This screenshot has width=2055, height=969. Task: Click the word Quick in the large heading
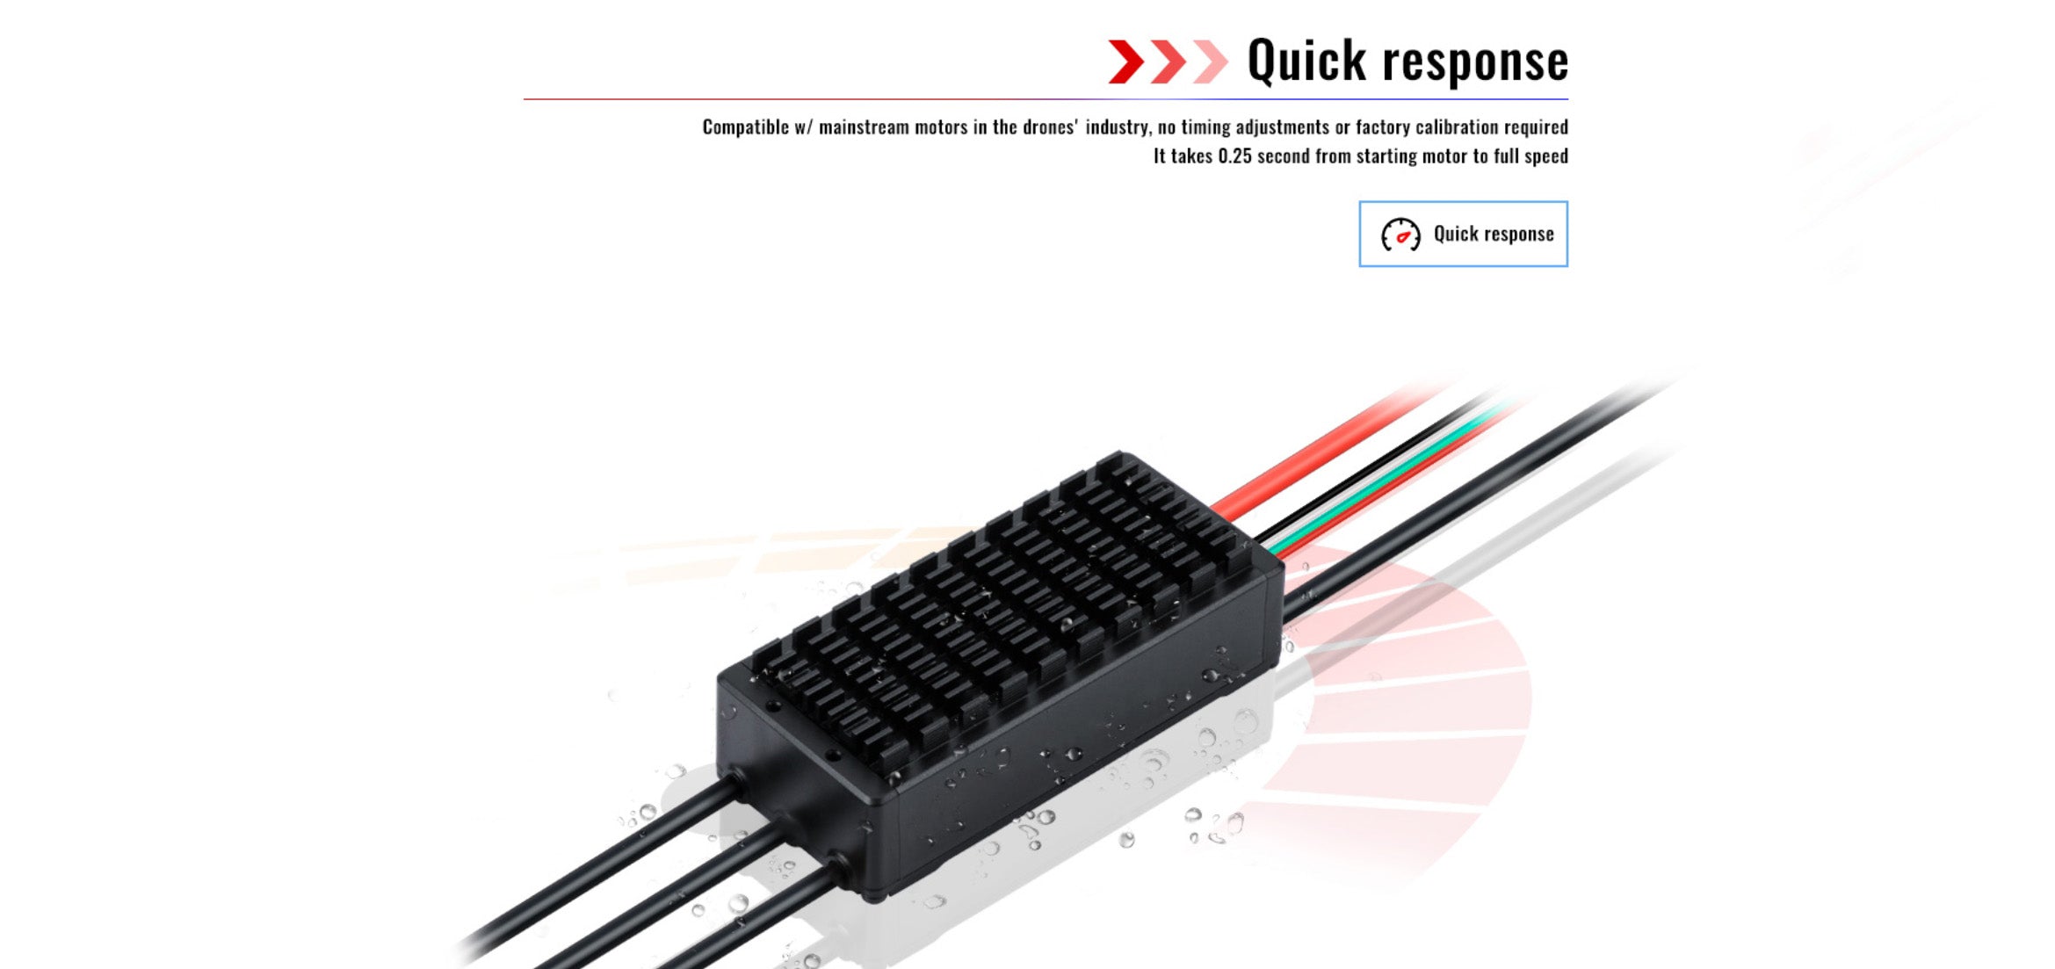[x=1306, y=61]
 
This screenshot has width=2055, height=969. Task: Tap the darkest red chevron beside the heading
[x=1125, y=61]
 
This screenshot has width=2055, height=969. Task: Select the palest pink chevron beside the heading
[x=1211, y=61]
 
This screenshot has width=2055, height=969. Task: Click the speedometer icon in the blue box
[x=1400, y=235]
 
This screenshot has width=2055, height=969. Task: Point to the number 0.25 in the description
[x=1234, y=156]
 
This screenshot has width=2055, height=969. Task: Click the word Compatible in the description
[x=745, y=127]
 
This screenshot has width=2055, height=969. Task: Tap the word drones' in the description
[x=1049, y=127]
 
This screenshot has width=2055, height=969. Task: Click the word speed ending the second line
[x=1545, y=156]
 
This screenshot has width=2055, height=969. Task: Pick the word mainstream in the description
[x=851, y=127]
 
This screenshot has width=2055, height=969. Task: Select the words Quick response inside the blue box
[x=1494, y=234]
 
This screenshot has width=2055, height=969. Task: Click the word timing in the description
[x=1206, y=127]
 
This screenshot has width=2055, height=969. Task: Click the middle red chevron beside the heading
[x=1169, y=61]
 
